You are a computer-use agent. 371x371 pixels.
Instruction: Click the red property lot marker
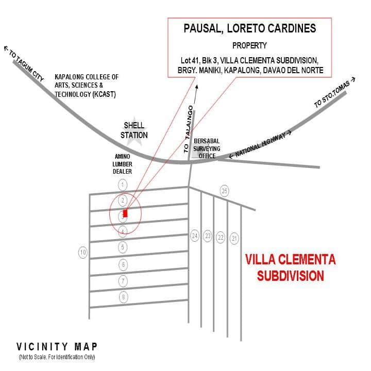click(125, 214)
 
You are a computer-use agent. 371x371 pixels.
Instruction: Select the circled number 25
click(224, 191)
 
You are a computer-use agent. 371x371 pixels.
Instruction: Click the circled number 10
click(82, 252)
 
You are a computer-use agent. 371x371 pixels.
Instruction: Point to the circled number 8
click(123, 297)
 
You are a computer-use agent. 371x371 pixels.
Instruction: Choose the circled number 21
click(234, 238)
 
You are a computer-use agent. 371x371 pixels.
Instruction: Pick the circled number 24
click(195, 236)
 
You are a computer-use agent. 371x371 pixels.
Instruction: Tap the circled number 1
click(122, 184)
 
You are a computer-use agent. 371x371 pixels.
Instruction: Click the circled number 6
click(123, 264)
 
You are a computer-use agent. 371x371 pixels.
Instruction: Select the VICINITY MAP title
click(57, 347)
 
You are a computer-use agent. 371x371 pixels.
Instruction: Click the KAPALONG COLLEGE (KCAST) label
click(87, 86)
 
